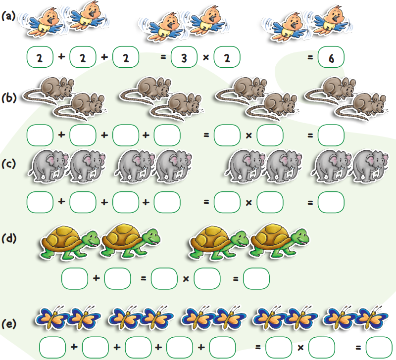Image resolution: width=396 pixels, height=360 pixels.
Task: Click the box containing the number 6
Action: coord(331,57)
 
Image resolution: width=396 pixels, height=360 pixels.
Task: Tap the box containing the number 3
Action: coord(184,57)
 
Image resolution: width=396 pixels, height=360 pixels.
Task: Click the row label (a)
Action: coord(8,16)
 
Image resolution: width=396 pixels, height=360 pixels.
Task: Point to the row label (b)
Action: coord(9,97)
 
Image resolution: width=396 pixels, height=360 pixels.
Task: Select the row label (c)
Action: coord(8,164)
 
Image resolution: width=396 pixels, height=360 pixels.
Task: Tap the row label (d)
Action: coord(9,238)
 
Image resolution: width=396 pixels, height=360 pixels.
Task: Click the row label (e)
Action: coord(9,324)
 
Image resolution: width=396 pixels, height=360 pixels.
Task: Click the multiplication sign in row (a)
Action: coord(206,57)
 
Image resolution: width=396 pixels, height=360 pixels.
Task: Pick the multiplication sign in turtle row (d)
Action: coord(186,279)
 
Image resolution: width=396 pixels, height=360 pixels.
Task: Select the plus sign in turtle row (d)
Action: coord(96,278)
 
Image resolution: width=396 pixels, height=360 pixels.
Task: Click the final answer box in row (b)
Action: coord(331,135)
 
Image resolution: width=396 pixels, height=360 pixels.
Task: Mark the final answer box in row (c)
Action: coord(331,202)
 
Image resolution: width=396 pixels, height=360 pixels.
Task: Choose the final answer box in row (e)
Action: coord(379,348)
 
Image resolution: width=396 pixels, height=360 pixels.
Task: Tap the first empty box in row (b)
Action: coord(40,135)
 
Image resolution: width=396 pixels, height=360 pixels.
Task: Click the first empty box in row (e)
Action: coord(52,348)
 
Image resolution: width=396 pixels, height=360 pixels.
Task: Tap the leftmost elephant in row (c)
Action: coord(49,166)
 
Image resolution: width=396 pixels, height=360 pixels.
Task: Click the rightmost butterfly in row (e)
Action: coord(371,317)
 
